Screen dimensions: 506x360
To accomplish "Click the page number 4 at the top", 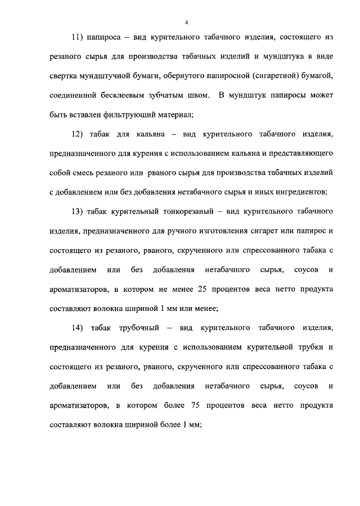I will coord(186,22).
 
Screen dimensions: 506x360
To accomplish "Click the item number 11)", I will coord(78,37).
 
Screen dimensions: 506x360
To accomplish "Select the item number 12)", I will coord(78,134).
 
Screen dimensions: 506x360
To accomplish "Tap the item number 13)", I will coord(78,211).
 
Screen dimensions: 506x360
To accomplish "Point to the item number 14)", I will coord(78,328).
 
